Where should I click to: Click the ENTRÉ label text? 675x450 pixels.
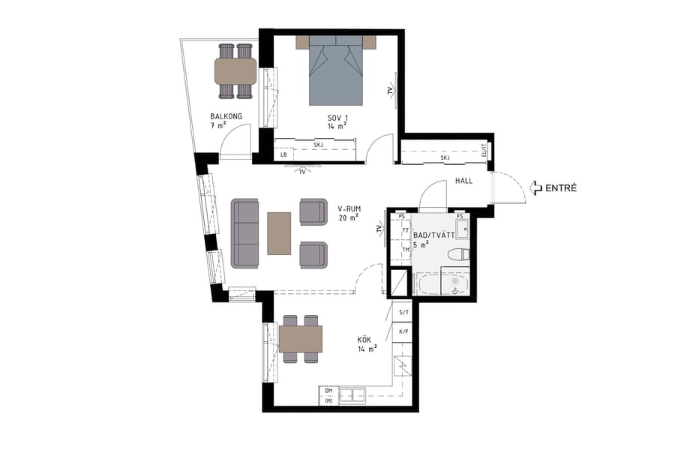561,188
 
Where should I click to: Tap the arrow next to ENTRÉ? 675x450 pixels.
535,188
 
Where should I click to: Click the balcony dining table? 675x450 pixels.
235,71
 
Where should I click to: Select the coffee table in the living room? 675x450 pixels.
279,232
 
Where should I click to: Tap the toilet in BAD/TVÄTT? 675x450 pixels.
458,255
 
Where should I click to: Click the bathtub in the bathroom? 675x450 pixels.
442,283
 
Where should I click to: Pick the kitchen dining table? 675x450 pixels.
300,339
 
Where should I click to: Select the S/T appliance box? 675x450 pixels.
403,312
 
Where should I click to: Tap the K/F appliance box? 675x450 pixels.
403,331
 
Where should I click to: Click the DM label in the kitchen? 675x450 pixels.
328,391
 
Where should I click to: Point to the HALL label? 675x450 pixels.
463,181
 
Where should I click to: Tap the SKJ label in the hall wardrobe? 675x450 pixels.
445,157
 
